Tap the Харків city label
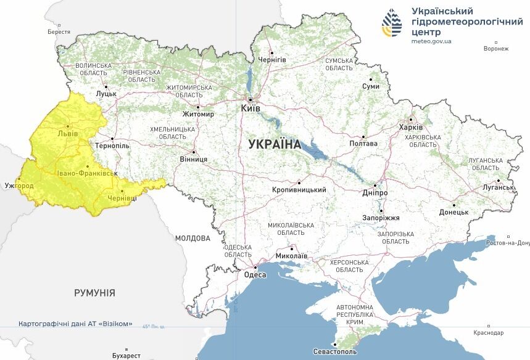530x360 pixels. coord(411,127)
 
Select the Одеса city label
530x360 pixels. coord(255,275)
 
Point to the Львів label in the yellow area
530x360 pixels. coord(67,133)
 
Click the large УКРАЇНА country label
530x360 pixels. coord(274,145)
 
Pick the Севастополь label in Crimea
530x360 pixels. coord(334,351)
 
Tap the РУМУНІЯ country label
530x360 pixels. coord(94,293)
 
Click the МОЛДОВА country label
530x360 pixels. coord(193,238)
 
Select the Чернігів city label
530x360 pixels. coord(272,59)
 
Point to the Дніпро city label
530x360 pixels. coord(375,192)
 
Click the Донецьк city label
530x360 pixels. coord(453,211)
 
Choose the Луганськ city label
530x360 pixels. coord(498,187)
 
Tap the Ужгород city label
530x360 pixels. coord(19,185)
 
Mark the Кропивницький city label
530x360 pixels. coord(299,190)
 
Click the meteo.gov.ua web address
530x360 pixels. coord(431,41)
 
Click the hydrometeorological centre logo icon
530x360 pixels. coord(391,23)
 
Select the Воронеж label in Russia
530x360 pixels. coord(496,49)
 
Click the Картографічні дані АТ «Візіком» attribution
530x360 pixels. coord(75,324)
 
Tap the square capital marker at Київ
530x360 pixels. coord(250,99)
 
